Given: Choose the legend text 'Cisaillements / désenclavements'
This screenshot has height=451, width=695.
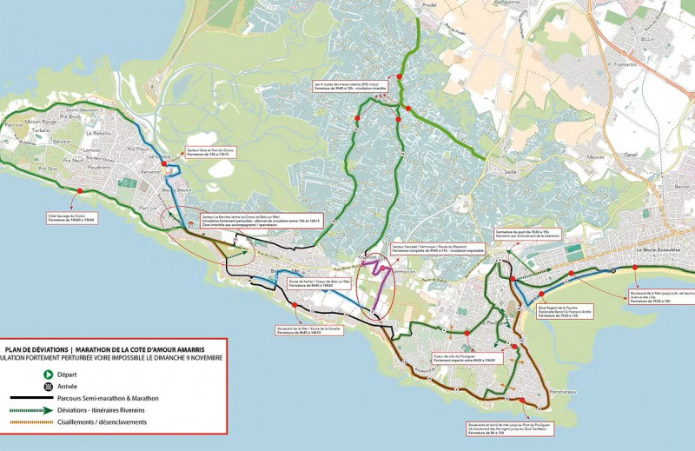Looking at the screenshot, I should tap(102, 421).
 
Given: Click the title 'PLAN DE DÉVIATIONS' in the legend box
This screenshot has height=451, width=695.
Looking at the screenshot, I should tap(36, 348).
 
